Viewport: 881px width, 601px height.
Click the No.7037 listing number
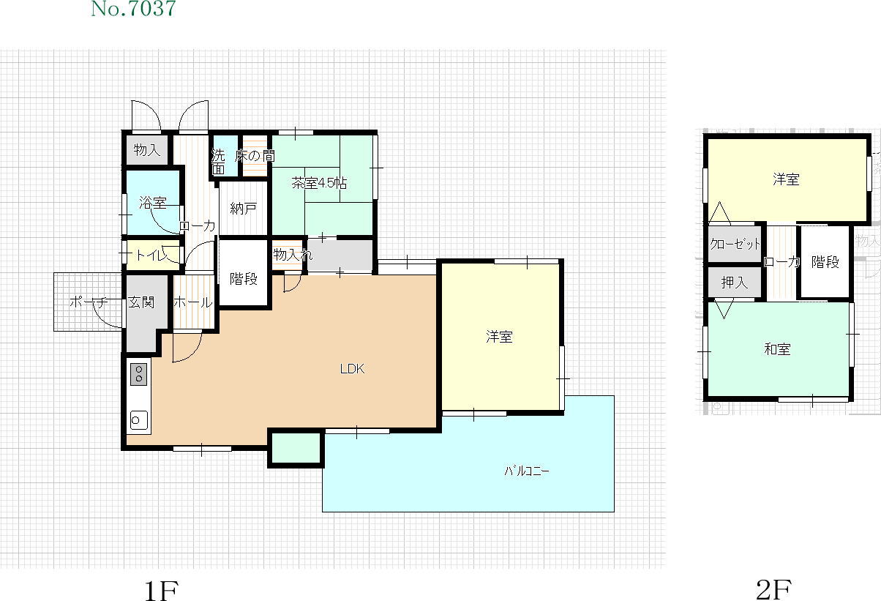[133, 9]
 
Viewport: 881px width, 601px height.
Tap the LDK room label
[352, 369]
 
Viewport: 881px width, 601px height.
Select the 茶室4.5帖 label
[319, 183]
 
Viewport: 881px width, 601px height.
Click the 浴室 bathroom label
[153, 203]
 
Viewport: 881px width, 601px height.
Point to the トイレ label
[151, 255]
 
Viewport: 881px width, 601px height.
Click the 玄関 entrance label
[141, 302]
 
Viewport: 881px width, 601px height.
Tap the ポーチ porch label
[89, 302]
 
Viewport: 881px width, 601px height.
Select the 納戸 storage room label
[244, 208]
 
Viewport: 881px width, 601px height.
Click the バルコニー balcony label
[527, 471]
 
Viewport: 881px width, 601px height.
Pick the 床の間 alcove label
[255, 156]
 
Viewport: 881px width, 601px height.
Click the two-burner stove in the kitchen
[139, 374]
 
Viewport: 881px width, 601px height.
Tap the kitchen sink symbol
[139, 420]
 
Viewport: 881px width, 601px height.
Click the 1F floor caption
[161, 590]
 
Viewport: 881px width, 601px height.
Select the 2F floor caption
[774, 590]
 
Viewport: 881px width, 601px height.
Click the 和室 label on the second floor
[777, 349]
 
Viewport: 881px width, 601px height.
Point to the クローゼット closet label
[735, 244]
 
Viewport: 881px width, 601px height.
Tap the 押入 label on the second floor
[735, 282]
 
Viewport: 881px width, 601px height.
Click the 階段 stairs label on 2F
[825, 262]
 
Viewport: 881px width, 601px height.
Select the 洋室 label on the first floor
[499, 337]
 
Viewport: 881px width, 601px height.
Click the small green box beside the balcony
[296, 448]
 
